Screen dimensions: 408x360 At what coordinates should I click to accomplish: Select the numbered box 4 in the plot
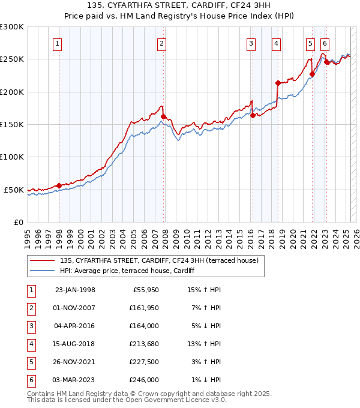point(275,43)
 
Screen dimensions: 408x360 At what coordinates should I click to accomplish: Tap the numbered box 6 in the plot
point(325,43)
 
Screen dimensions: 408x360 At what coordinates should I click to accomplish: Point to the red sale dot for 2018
point(278,83)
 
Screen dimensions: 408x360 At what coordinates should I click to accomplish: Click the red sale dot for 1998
point(59,185)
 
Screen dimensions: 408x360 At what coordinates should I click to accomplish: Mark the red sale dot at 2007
point(163,116)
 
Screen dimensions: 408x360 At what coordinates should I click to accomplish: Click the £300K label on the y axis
point(12,27)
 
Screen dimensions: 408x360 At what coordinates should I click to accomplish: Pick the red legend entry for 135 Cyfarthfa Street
point(158,260)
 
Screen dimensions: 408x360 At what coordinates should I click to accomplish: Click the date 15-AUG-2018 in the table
point(74,344)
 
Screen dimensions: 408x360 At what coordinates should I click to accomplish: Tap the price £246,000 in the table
point(145,380)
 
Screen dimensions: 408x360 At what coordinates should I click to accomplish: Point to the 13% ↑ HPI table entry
point(204,344)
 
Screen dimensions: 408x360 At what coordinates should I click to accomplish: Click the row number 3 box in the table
point(31,326)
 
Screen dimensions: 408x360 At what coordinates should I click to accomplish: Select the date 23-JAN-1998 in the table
point(74,290)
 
